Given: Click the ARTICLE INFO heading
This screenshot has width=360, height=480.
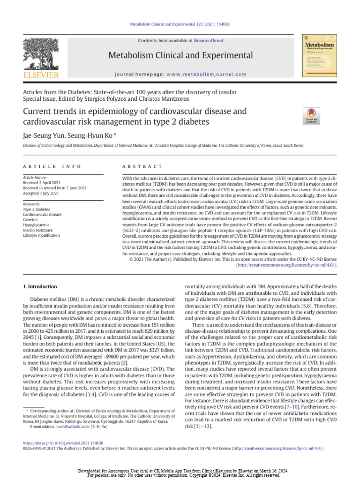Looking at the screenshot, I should pyautogui.click(x=52, y=166).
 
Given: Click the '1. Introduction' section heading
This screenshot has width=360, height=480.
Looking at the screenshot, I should pyautogui.click(x=40, y=286).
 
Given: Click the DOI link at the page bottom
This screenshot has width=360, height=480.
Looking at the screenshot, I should pyautogui.click(x=63, y=442).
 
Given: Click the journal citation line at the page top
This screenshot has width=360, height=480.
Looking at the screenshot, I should pyautogui.click(x=180, y=24).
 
